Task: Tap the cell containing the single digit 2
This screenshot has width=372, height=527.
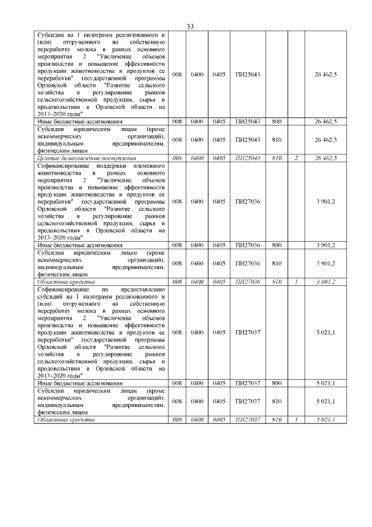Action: (x=296, y=158)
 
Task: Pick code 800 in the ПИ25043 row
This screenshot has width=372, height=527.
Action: (x=277, y=121)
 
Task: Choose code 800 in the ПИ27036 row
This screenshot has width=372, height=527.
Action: (x=277, y=245)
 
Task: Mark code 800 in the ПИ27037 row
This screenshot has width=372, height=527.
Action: (x=277, y=383)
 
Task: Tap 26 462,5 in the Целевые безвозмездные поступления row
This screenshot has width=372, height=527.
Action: (x=325, y=158)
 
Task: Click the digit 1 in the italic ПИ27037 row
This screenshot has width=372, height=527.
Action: (x=296, y=420)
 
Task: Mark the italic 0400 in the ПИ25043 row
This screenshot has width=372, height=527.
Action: (x=197, y=158)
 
